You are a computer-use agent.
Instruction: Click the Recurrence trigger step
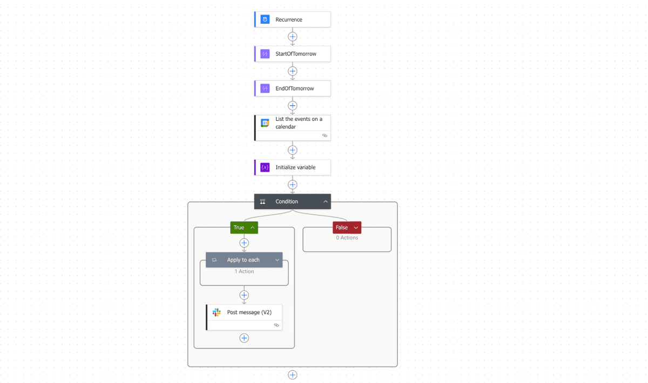point(293,19)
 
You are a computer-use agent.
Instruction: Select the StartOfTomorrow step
point(295,54)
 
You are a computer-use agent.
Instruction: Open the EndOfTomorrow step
point(294,88)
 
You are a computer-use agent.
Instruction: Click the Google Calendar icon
point(265,123)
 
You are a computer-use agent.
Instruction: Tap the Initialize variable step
point(295,167)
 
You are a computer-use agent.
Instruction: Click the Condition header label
point(287,202)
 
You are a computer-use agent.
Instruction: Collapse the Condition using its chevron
point(326,202)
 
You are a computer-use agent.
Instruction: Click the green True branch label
point(239,228)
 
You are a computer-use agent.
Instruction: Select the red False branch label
point(342,228)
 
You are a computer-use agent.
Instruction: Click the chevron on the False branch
point(356,228)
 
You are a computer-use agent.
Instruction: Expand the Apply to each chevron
point(277,260)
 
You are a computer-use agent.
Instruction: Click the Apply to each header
point(243,260)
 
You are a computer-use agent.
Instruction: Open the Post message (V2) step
point(249,312)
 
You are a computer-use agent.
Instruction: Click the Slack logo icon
point(217,312)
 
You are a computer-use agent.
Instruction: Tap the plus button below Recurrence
point(293,37)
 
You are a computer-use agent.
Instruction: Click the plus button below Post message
point(244,338)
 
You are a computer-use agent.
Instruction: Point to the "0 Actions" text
point(347,238)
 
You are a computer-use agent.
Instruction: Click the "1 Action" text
point(244,271)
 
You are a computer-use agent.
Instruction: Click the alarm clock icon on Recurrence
point(265,19)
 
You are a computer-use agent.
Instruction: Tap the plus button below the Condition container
point(293,375)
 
